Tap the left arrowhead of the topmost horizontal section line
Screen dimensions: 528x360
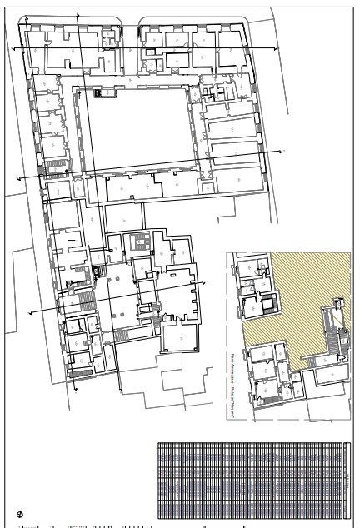(x=12, y=49)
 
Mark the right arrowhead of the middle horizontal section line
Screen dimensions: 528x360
(x=282, y=151)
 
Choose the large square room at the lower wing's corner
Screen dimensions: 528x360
(x=181, y=339)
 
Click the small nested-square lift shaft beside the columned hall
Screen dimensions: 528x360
(x=101, y=271)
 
